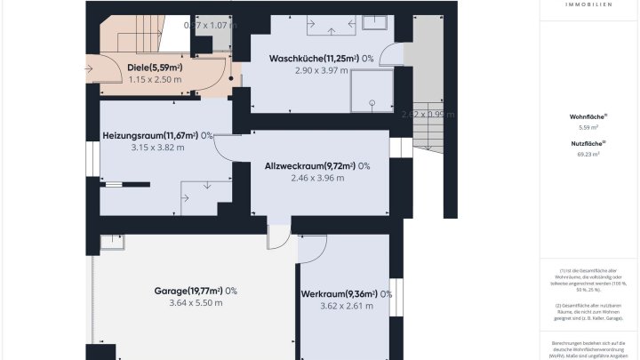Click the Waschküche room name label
313,59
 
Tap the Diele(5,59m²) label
156,67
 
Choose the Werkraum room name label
339,294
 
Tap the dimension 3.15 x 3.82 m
157,148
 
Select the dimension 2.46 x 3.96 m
317,178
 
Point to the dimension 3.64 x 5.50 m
196,303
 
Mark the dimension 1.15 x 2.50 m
156,79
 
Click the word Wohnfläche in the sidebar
588,116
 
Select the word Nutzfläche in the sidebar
588,143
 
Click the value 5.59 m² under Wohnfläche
588,127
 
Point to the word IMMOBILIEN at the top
588,4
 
